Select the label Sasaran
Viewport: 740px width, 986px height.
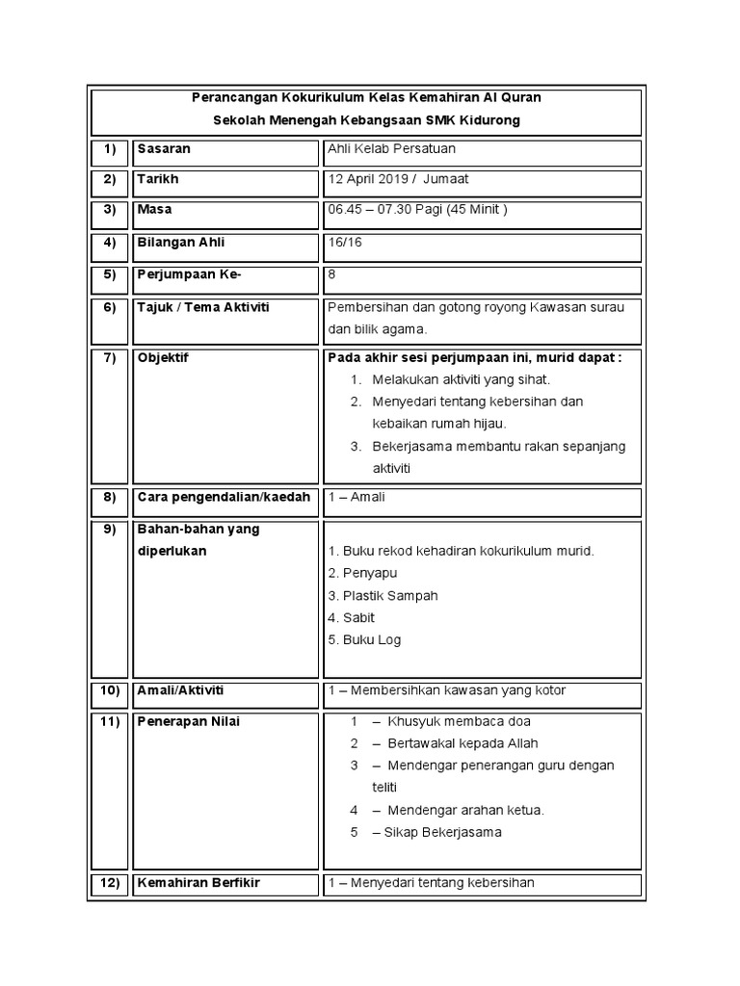click(x=164, y=149)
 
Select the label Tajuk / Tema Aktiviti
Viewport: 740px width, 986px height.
click(x=203, y=307)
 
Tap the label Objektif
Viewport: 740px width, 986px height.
click(x=164, y=358)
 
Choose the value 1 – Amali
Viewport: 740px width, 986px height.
click(x=357, y=497)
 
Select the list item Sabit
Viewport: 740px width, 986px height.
click(x=358, y=617)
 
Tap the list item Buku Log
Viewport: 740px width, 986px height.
click(x=371, y=639)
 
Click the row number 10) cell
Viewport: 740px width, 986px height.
click(x=109, y=690)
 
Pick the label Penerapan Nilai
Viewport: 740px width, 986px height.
click(x=188, y=721)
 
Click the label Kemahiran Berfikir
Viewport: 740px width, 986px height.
click(x=198, y=883)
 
